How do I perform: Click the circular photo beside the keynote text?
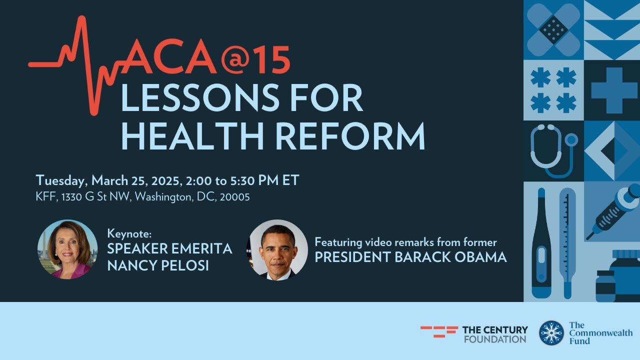67,249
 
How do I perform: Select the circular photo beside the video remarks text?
278,249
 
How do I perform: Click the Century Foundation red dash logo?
439,331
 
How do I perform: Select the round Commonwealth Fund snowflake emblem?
551,333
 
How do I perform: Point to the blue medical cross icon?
613,90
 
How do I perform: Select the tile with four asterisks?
553,90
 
